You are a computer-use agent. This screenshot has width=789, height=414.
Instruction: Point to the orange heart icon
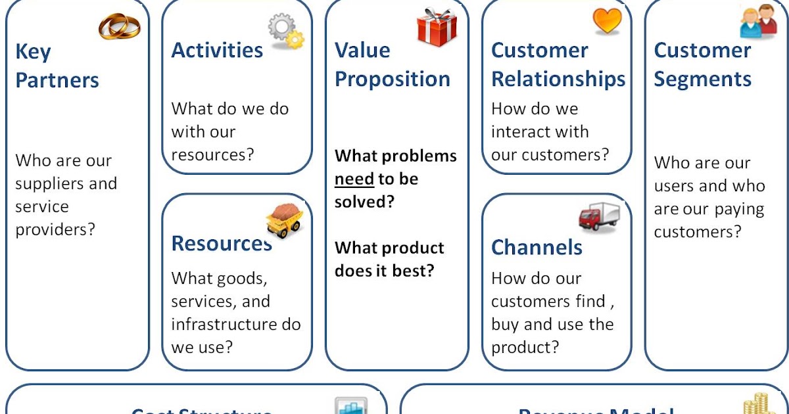point(606,21)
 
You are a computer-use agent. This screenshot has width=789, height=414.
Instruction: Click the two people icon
point(759,22)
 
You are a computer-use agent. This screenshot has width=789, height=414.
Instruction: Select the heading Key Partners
point(57,66)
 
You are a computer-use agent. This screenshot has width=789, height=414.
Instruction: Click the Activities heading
point(217,51)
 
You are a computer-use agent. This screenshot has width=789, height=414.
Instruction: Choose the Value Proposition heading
point(393,64)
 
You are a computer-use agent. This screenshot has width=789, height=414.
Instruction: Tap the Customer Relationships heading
point(558,64)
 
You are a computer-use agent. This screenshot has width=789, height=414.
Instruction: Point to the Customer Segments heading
point(702,64)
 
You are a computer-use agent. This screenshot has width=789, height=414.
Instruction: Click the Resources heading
point(221,244)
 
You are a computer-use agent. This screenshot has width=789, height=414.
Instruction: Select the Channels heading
point(537,248)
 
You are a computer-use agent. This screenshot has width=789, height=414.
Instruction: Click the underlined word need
point(354,179)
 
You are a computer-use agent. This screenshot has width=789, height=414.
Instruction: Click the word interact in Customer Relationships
point(519,131)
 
